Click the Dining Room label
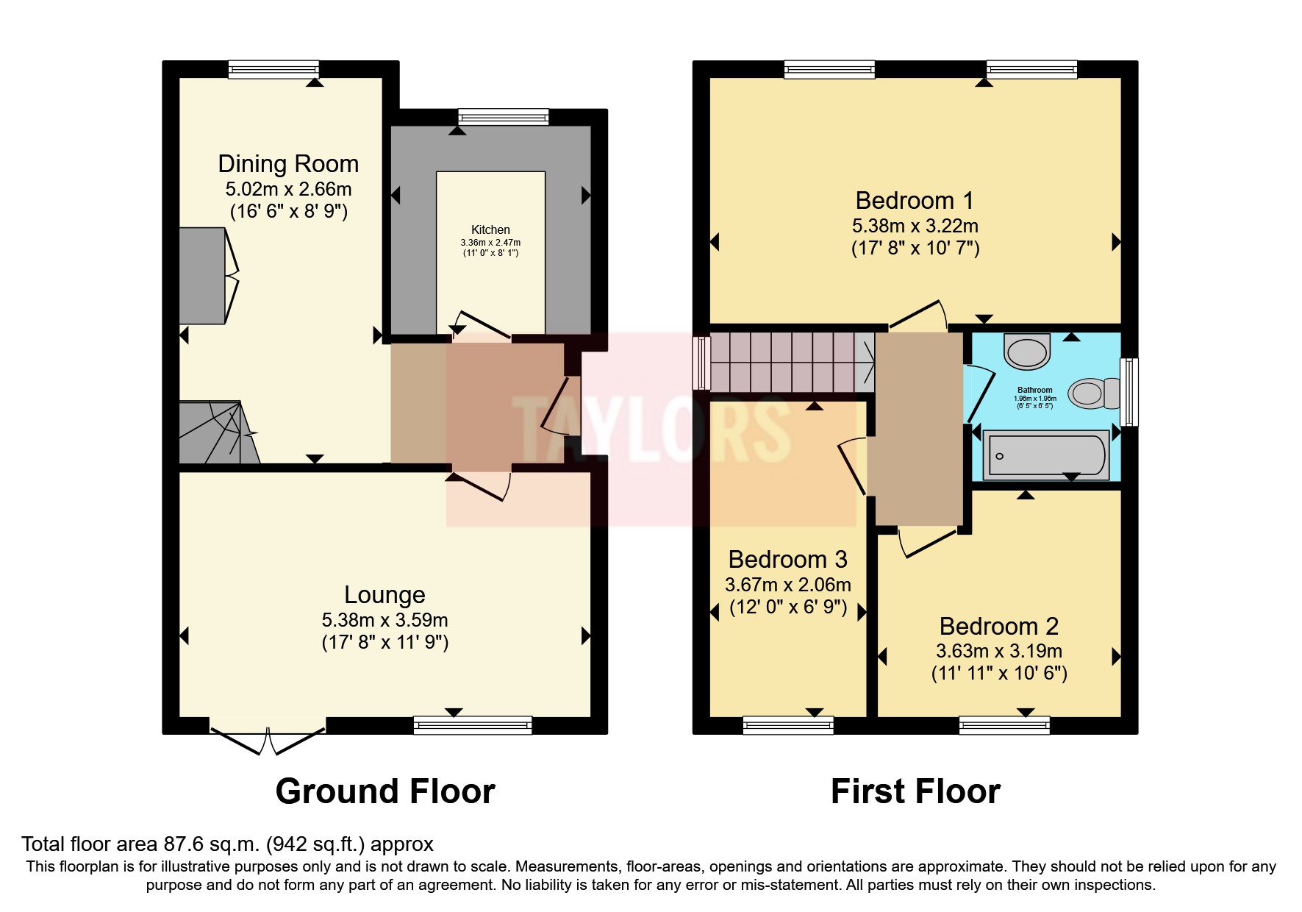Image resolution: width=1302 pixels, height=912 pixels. [x=288, y=163]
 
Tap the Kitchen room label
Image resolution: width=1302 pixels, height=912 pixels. [x=490, y=229]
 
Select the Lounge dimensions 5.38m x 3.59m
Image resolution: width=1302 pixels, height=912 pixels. [x=384, y=620]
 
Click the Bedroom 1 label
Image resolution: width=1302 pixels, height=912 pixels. [x=915, y=200]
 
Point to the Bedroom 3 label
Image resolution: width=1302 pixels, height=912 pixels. [x=787, y=560]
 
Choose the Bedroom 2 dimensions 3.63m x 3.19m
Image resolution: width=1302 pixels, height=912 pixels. [x=998, y=651]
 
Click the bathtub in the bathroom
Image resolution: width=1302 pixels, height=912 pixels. [x=1045, y=455]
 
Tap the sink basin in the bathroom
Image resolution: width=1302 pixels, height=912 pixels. [x=1026, y=352]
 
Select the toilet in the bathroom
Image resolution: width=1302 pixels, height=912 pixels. [x=1092, y=393]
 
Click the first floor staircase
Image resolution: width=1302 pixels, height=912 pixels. [x=790, y=362]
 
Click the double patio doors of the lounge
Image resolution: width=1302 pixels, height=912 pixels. [x=267, y=739]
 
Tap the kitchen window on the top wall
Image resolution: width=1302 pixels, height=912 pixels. [x=503, y=117]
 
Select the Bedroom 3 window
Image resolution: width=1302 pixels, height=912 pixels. [x=788, y=726]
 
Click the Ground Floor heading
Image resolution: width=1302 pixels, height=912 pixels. [x=384, y=791]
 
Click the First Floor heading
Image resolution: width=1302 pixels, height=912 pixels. [x=915, y=791]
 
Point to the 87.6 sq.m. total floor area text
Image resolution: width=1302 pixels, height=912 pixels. [x=227, y=844]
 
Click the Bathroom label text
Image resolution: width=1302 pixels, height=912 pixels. [x=1034, y=390]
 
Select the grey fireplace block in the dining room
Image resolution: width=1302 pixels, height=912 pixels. [x=202, y=275]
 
